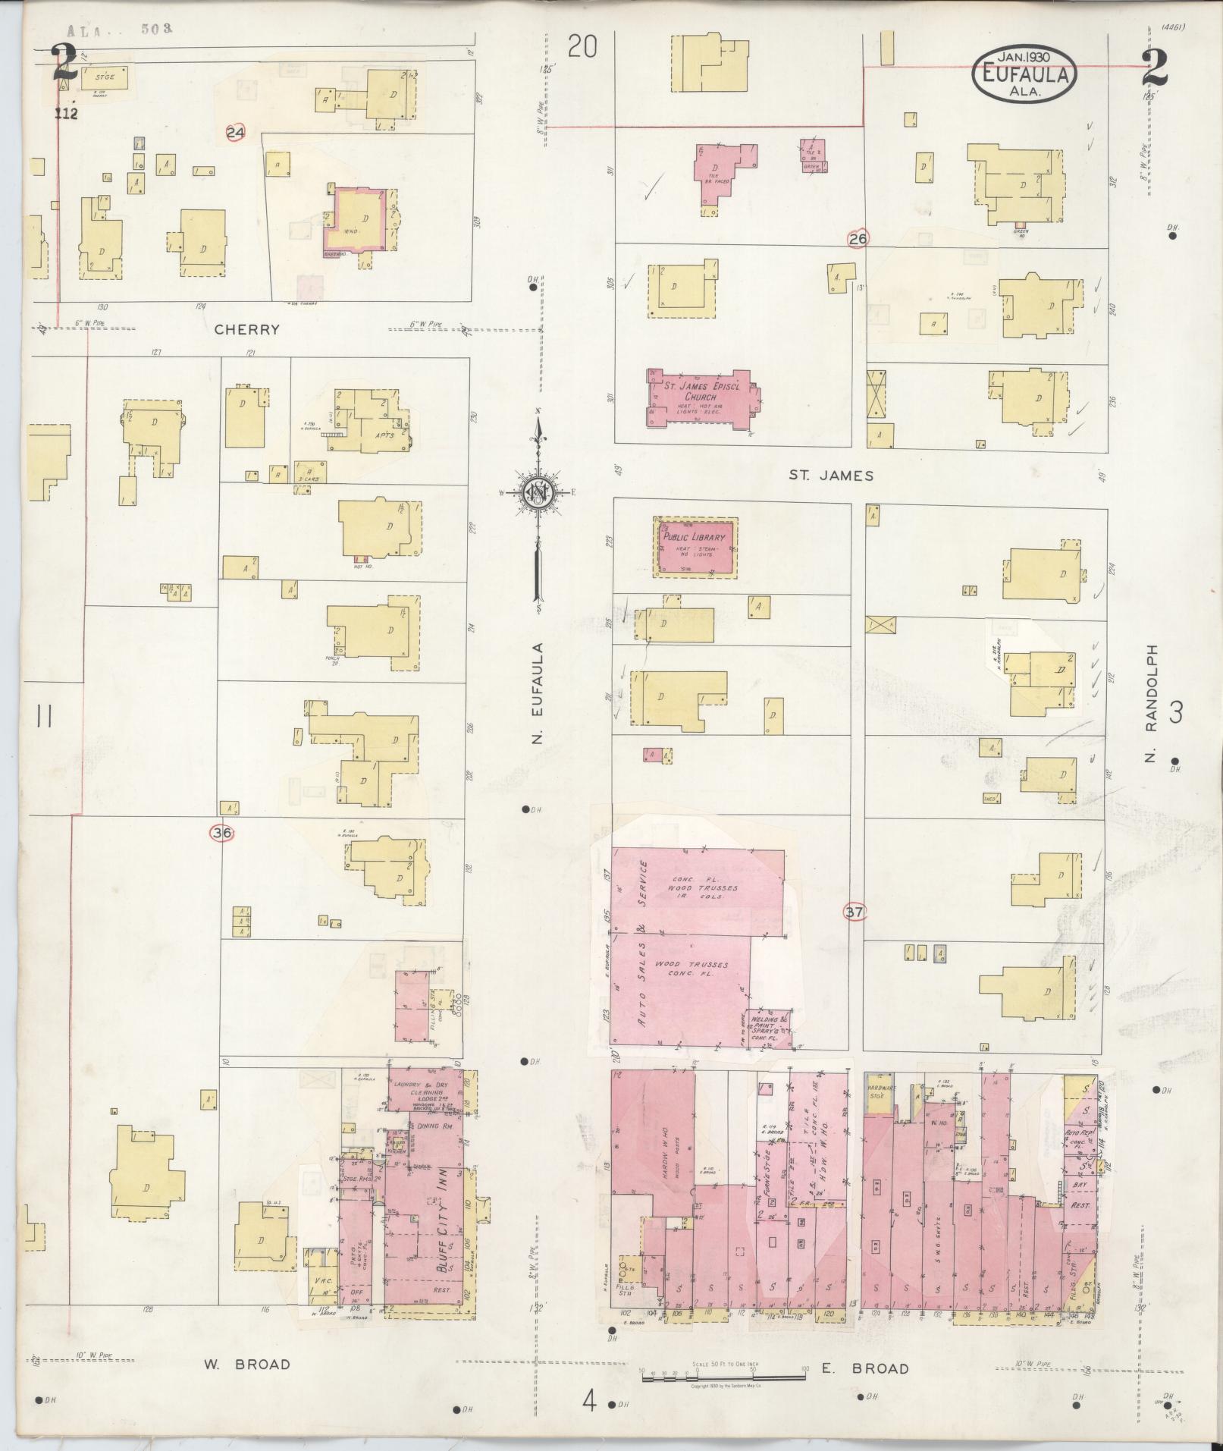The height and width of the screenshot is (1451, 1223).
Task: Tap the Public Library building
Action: tap(695, 546)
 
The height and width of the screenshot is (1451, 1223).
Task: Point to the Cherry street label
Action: tap(246, 330)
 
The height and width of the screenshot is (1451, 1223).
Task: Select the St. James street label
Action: tap(831, 476)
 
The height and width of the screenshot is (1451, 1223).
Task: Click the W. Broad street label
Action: tap(246, 1365)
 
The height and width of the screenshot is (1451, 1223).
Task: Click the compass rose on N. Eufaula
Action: tap(538, 493)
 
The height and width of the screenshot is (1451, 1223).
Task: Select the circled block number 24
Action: tap(236, 133)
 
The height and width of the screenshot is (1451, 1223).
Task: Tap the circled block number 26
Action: tap(858, 239)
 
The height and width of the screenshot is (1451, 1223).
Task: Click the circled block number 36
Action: tap(221, 834)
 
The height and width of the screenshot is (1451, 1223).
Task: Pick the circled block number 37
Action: tap(855, 912)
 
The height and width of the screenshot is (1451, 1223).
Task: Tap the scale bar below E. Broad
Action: tap(723, 1377)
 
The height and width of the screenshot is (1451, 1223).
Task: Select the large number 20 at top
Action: tap(582, 48)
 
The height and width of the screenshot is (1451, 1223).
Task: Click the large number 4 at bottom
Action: tap(589, 1402)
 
